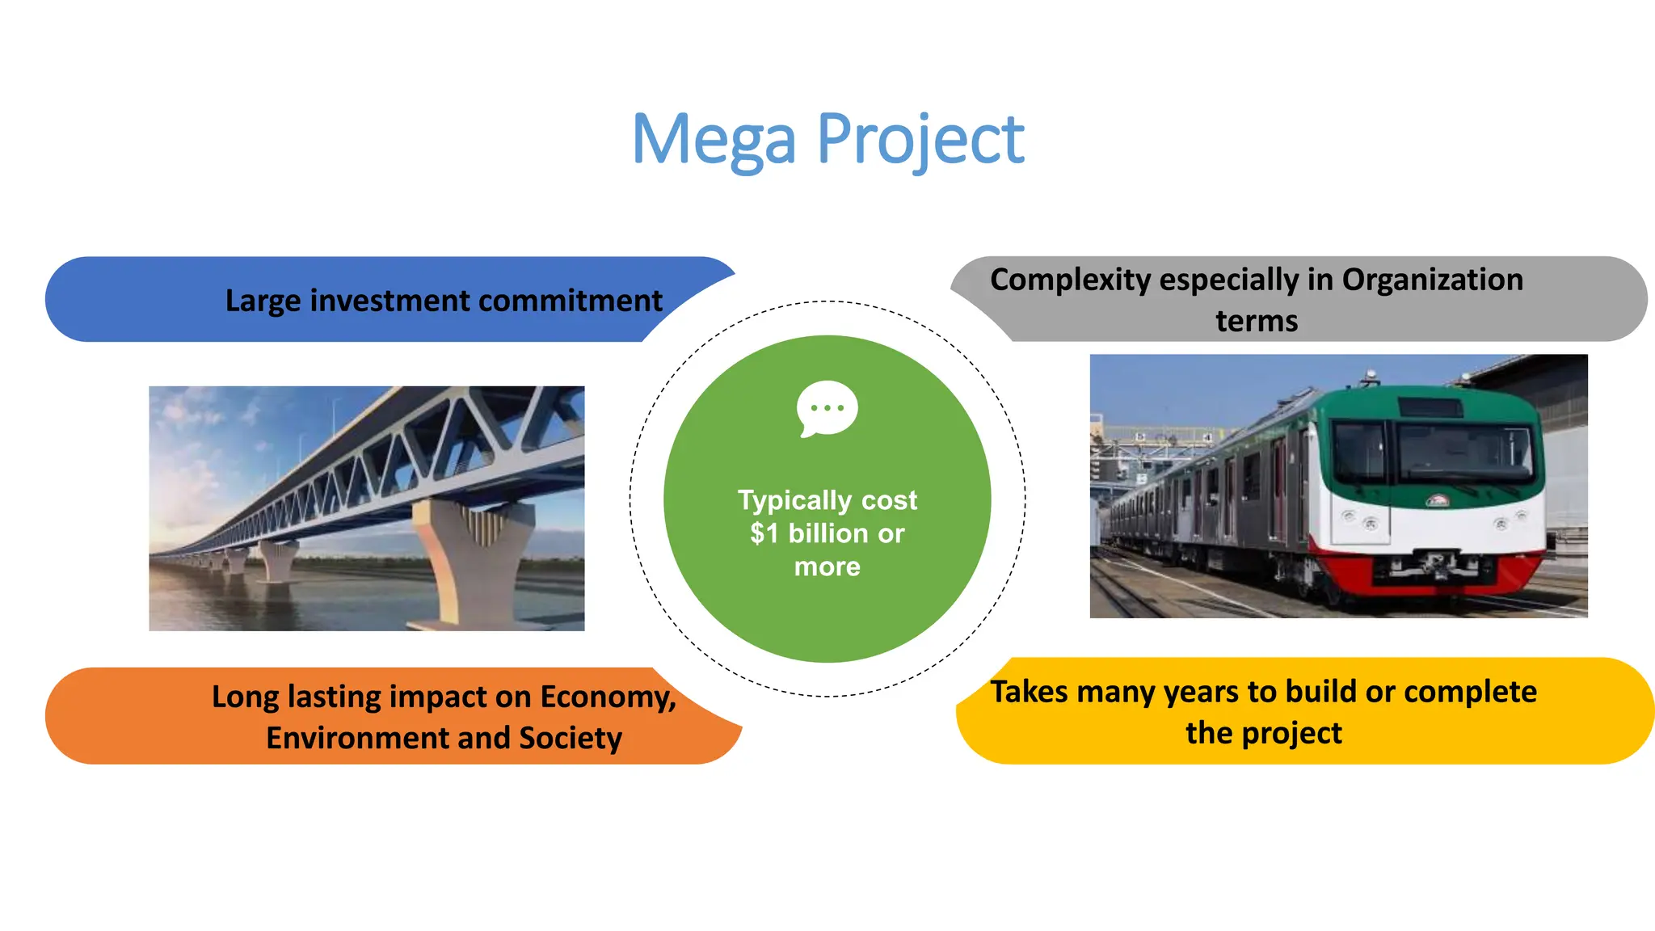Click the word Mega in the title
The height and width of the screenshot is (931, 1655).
[x=714, y=140]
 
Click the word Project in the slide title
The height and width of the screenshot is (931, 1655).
[x=920, y=140]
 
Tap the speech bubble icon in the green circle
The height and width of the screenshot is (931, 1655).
[x=827, y=408]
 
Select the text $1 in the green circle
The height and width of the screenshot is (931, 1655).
[x=764, y=533]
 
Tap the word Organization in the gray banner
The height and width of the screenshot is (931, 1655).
[x=1432, y=280]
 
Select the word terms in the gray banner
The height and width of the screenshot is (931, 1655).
[x=1257, y=321]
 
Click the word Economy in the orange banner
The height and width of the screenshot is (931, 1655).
[x=607, y=697]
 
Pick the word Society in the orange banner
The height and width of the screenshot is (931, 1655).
[x=571, y=738]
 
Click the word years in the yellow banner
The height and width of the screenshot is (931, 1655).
[x=1199, y=692]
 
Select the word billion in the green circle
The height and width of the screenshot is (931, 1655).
[x=829, y=533]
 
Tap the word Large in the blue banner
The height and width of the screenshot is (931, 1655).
[x=263, y=301]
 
